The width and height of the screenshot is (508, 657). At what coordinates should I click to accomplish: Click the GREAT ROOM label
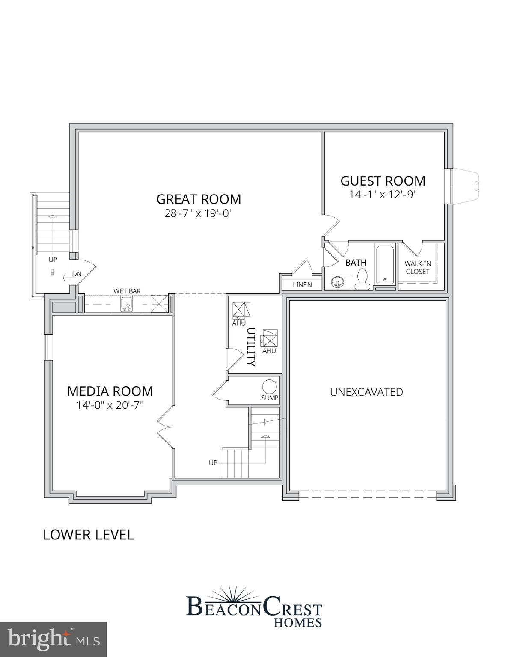click(199, 199)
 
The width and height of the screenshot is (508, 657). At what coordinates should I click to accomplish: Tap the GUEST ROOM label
click(383, 181)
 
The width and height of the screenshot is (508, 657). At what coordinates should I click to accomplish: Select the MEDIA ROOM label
click(110, 391)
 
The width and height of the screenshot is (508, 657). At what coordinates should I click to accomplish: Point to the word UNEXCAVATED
click(366, 392)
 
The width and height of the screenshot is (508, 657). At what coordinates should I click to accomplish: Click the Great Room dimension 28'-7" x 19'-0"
click(199, 213)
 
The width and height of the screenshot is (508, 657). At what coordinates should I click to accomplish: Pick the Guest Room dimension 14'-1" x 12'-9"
click(383, 195)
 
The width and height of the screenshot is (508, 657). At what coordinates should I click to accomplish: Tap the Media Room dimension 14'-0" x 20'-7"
click(110, 405)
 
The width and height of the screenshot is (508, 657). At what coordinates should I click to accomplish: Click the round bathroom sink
click(337, 282)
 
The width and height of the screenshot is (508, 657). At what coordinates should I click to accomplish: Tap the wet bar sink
click(126, 305)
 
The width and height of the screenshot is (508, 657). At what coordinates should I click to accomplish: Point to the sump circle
click(269, 387)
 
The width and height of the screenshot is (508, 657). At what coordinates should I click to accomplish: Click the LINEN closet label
click(302, 285)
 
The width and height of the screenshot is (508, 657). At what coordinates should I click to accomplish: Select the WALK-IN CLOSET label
click(418, 268)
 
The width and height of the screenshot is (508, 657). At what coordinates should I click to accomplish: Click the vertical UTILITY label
click(251, 347)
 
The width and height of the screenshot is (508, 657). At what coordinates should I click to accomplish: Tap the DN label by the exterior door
click(77, 274)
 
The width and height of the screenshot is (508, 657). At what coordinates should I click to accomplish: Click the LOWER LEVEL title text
click(89, 535)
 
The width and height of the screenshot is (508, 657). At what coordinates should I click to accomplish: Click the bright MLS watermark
click(53, 639)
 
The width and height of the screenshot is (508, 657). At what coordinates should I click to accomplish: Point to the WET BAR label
click(127, 291)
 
